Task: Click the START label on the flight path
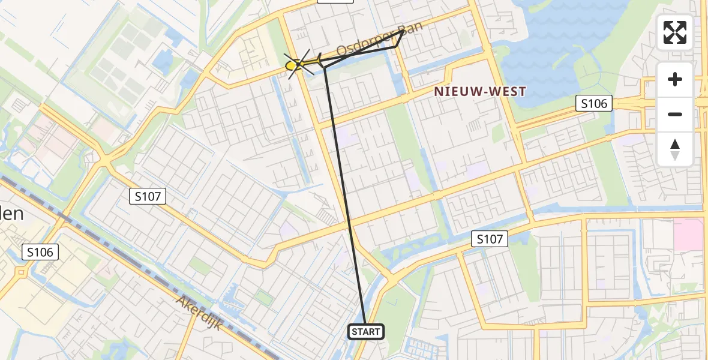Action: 365,332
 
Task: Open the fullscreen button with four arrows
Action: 675,32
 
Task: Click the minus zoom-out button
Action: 675,114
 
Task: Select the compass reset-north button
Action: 675,149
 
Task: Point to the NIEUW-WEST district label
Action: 480,92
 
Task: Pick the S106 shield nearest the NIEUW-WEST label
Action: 594,104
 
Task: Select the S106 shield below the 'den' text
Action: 40,252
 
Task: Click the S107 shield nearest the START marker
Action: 490,239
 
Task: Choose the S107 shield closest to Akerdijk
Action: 148,196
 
